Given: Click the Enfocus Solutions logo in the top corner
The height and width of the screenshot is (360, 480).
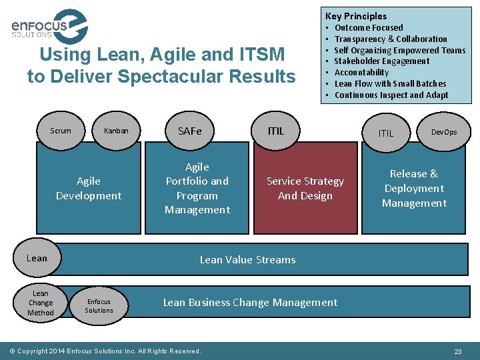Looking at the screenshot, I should [49, 27].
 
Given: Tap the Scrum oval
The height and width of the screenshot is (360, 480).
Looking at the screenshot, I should [61, 131].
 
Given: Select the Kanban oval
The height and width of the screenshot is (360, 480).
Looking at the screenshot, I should [116, 131].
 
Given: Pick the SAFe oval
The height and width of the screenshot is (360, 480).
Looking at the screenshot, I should [189, 131].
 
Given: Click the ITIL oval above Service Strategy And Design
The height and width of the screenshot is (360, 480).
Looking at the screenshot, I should [276, 131].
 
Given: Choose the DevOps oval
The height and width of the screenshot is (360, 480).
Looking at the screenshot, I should [444, 132].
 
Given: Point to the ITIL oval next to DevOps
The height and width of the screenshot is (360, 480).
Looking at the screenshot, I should [386, 133].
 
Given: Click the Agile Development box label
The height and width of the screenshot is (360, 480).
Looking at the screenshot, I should [89, 188].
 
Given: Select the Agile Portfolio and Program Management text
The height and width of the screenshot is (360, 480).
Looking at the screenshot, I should [197, 188].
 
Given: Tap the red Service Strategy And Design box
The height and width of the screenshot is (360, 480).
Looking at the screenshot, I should [305, 189].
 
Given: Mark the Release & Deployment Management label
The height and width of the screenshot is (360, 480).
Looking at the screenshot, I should [414, 188].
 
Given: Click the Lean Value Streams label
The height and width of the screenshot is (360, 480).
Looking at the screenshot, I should [247, 260].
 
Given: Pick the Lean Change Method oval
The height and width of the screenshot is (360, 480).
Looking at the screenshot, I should [41, 303].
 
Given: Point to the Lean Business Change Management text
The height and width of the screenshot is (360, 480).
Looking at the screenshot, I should [250, 303].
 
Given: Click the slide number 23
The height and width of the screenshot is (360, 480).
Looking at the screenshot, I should [458, 351].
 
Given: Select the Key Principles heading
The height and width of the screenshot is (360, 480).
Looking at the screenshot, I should [356, 16].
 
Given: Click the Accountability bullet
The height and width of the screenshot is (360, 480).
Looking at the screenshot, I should [361, 73].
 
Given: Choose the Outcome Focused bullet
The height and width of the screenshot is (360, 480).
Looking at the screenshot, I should [369, 27].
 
